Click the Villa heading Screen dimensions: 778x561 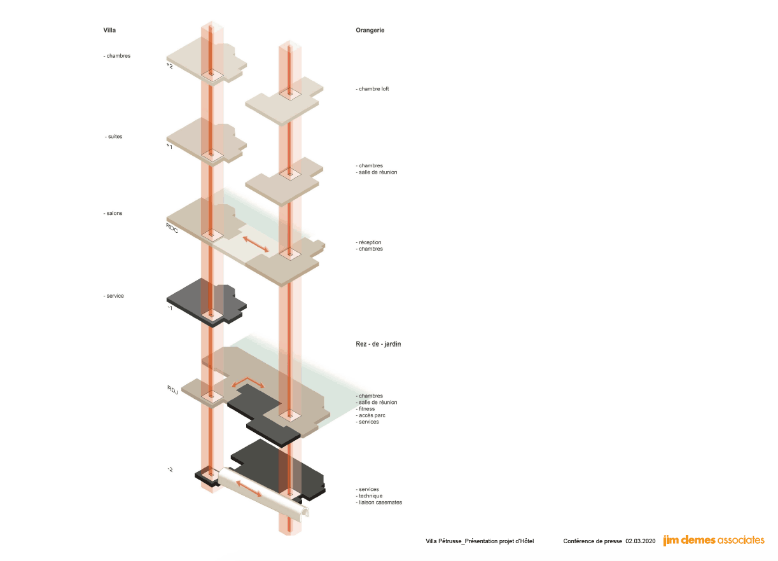pos(109,31)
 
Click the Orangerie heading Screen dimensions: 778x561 pos(370,31)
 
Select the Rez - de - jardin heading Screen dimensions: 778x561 pos(379,344)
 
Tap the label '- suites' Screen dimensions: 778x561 pos(114,137)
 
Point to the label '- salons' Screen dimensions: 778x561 pos(113,213)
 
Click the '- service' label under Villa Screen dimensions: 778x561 pos(114,296)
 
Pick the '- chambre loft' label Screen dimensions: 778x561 pos(372,89)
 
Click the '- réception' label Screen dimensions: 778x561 pos(368,242)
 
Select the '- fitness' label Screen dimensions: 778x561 pos(365,409)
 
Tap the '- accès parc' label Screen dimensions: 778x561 pos(370,415)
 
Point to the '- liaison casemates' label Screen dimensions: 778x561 pos(379,502)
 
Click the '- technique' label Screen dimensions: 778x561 pos(369,496)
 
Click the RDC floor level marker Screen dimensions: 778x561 pos(172,228)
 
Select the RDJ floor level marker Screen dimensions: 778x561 pos(172,390)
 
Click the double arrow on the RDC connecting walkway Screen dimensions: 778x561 pos(256,244)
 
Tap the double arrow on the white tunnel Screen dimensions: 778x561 pos(249,488)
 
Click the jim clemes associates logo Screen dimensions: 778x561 pos(714,540)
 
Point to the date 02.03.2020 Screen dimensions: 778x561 pos(641,541)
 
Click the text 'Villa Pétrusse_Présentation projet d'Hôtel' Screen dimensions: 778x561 pos(480,541)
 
